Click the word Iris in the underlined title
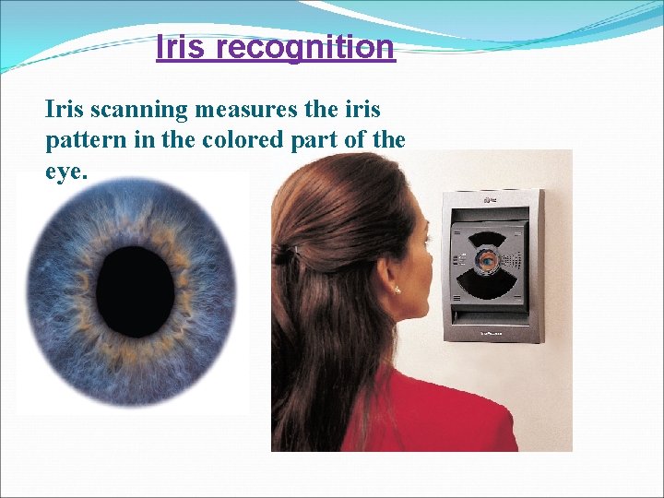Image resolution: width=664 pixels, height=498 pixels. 177,46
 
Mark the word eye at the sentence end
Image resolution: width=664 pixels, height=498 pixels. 63,172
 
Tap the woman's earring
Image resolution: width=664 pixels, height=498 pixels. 398,290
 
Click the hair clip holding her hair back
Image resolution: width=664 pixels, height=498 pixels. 285,252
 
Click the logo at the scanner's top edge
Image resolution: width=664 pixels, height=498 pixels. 487,197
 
